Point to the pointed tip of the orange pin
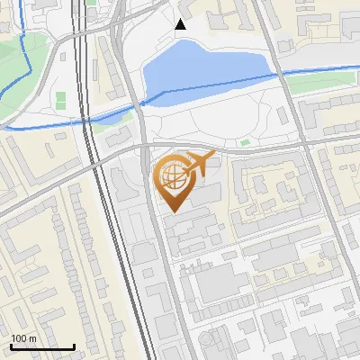(x=172, y=210)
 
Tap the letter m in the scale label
(x=32, y=339)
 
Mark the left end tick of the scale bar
(x=11, y=346)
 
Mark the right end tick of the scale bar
(x=74, y=346)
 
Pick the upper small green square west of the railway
(x=61, y=95)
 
